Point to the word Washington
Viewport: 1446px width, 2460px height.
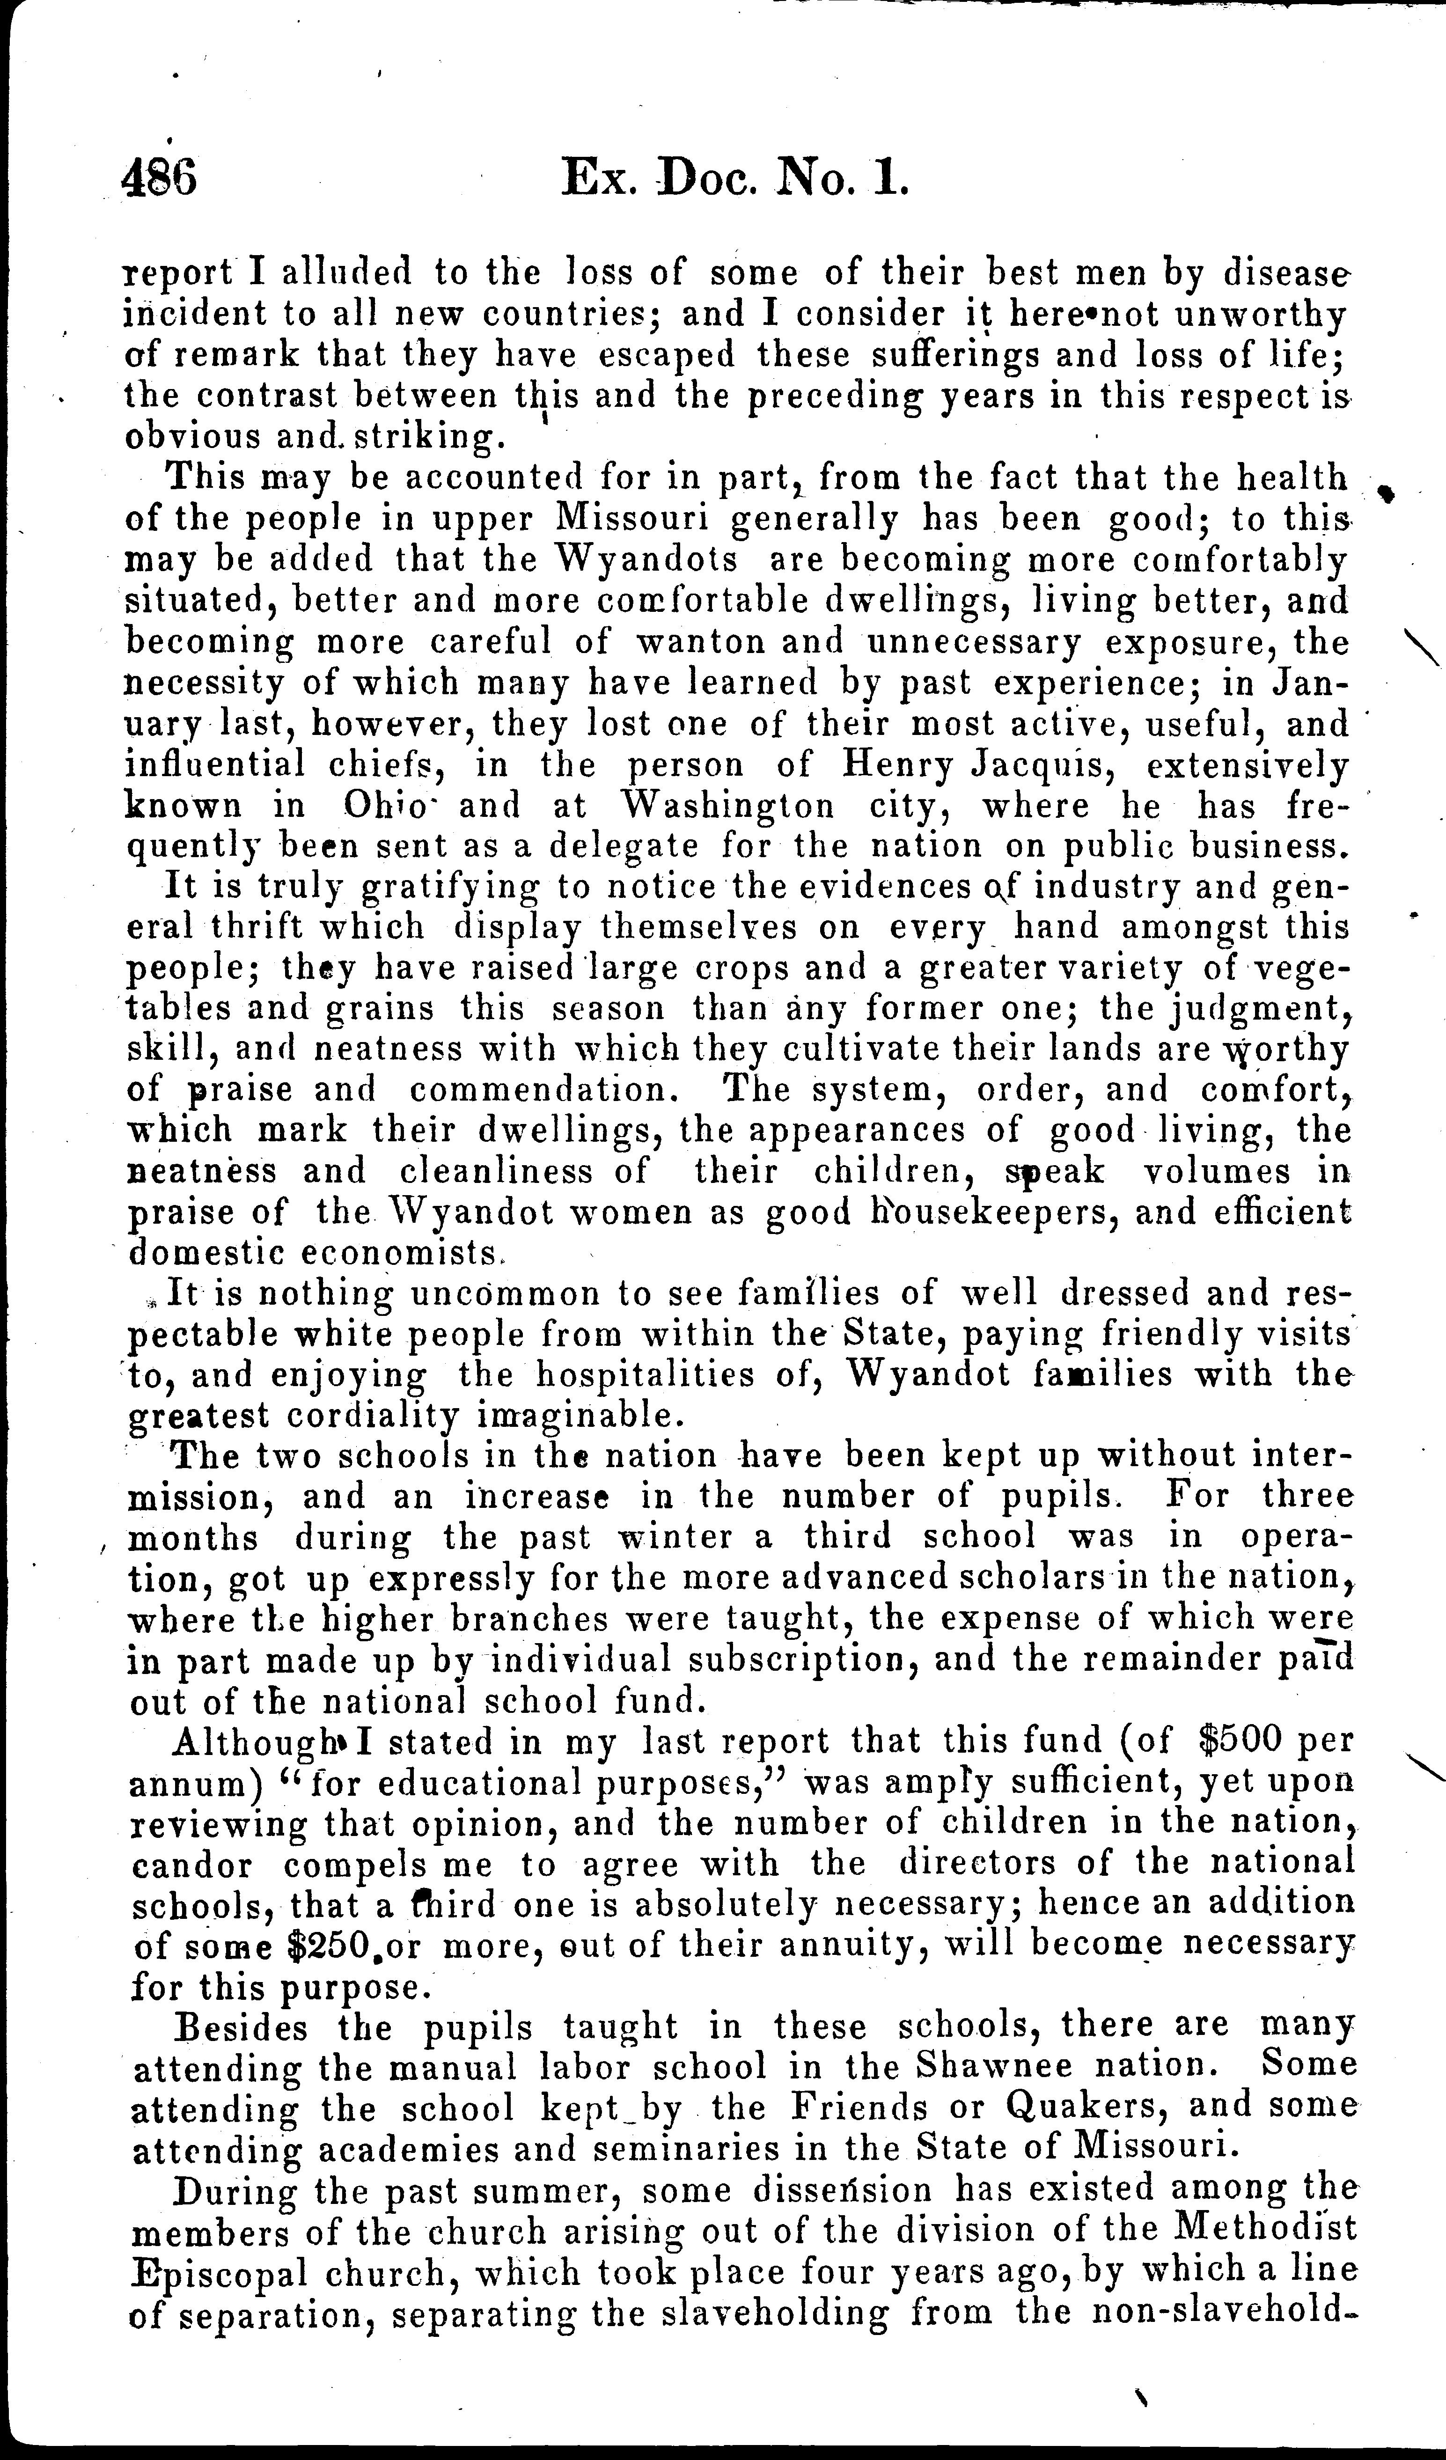tap(727, 806)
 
